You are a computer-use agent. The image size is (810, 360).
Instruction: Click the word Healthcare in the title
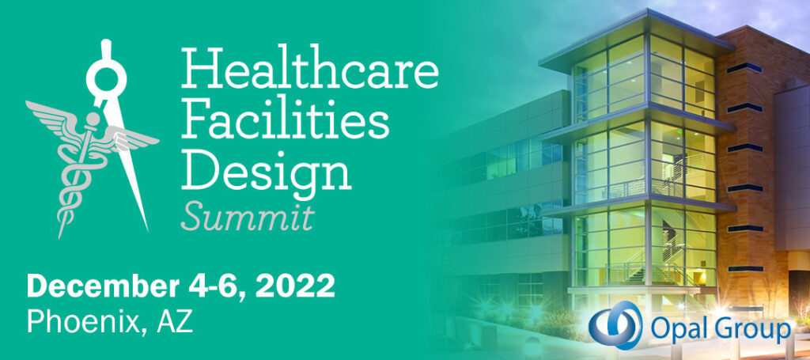point(309,67)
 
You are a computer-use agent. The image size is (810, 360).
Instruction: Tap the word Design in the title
point(267,172)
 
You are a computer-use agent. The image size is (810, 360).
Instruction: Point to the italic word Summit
point(248,218)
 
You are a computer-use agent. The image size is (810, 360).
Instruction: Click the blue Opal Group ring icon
point(615,325)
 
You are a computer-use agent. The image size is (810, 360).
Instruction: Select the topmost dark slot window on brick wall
point(745,68)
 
